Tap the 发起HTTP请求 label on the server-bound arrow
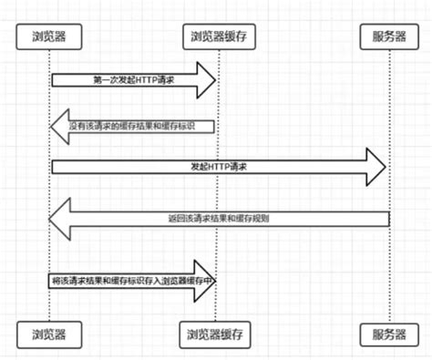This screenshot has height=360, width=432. [x=219, y=168]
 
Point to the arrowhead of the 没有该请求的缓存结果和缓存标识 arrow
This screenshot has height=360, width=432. [x=60, y=125]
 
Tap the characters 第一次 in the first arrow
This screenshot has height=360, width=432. [x=105, y=80]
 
